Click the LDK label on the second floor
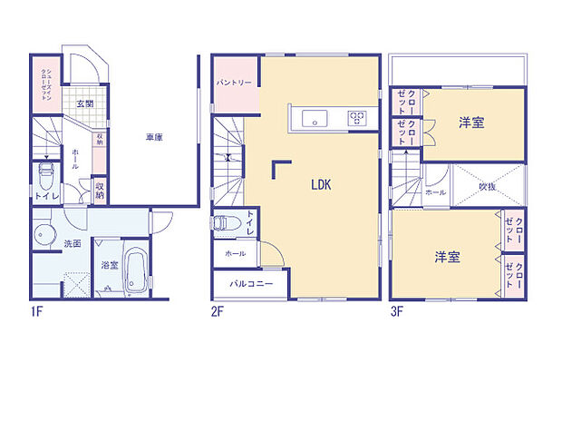click(321, 185)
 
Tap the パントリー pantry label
click(234, 83)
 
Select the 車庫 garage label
click(154, 138)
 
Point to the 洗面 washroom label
click(73, 243)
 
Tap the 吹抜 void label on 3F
click(488, 187)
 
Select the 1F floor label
click(35, 311)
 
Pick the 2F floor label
click(218, 311)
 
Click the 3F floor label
click(396, 311)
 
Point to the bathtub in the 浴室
click(135, 270)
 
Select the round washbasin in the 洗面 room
click(44, 235)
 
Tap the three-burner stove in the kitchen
click(356, 117)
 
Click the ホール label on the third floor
click(435, 193)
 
